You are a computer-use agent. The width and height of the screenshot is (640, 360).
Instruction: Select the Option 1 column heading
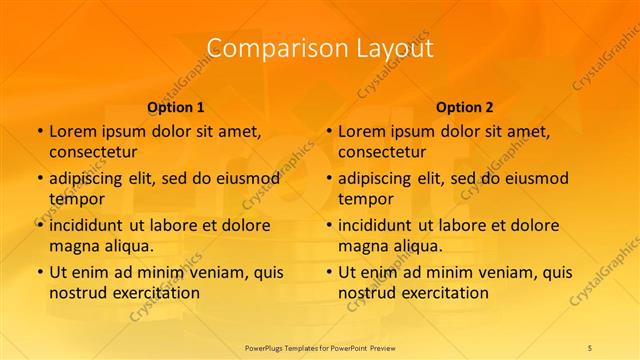click(176, 107)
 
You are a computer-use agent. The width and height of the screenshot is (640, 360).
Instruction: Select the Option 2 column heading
click(465, 107)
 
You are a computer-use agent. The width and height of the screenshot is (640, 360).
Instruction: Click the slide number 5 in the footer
click(590, 347)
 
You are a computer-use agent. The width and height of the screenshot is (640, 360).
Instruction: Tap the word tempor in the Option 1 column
click(76, 198)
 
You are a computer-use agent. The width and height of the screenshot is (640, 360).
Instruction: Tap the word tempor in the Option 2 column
click(365, 198)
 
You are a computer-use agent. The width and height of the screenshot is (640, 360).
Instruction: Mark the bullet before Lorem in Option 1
click(40, 131)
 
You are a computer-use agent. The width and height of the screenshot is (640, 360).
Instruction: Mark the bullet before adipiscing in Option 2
click(329, 178)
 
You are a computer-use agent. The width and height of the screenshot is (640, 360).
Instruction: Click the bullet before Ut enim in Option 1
click(40, 272)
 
